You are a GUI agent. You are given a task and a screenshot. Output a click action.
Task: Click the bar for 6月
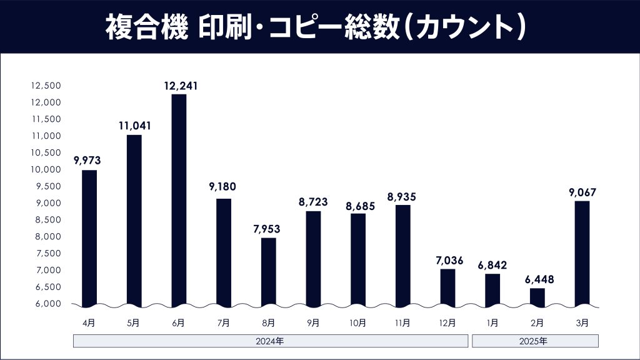point(179,200)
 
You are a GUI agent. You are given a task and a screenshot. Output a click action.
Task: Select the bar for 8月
point(269,272)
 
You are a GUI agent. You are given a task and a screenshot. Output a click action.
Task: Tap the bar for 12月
point(447,287)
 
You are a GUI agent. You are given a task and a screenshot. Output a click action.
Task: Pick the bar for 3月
point(582,253)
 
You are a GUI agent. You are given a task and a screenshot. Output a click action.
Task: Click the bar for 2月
point(537,297)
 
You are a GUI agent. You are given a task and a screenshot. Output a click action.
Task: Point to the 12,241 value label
point(180,86)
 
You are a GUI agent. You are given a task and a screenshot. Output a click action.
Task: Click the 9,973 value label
point(88,161)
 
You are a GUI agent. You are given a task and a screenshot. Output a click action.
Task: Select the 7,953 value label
point(267,229)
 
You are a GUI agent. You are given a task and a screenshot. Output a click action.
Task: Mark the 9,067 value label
point(582,192)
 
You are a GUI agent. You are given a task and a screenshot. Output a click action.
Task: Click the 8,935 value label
point(402,196)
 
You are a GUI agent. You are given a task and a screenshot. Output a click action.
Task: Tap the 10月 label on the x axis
point(357,323)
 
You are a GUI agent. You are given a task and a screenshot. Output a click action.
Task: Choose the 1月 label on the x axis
point(492,323)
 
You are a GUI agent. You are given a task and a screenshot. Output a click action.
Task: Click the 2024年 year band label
point(271,341)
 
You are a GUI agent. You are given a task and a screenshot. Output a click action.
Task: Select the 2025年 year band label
point(535,341)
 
